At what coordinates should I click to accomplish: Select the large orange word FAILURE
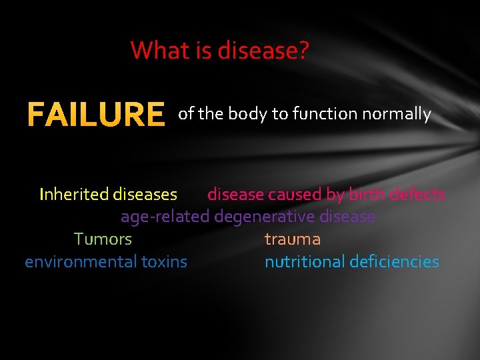(95, 115)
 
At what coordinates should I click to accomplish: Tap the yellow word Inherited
(73, 195)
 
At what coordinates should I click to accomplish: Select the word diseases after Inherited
(145, 195)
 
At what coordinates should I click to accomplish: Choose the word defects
(417, 195)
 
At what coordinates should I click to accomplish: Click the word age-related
(165, 217)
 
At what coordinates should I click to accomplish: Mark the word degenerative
(265, 217)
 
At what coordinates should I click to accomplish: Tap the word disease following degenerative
(347, 217)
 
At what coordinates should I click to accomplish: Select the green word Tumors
(103, 239)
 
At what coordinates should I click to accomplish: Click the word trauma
(293, 239)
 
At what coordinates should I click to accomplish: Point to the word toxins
(164, 262)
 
